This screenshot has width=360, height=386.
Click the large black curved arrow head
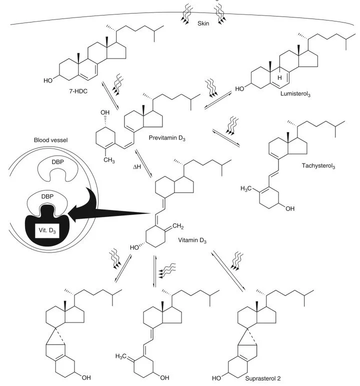pos(75,216)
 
